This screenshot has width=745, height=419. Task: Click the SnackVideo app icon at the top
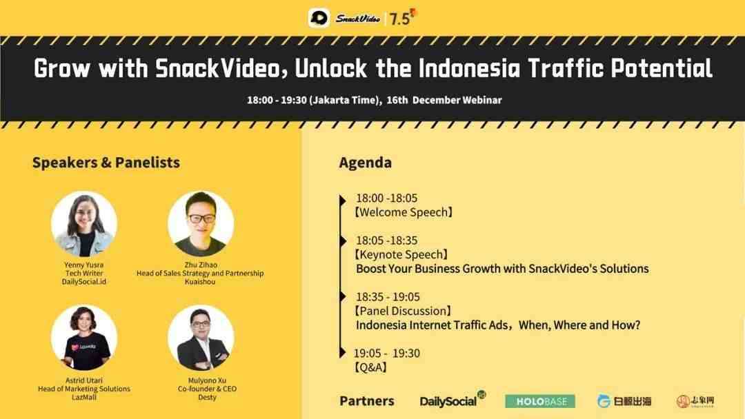319,18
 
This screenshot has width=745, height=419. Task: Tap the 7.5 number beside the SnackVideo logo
399,19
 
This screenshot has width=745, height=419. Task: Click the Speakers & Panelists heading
106,162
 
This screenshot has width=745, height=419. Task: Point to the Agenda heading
366,162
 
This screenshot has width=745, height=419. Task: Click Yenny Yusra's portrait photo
84,224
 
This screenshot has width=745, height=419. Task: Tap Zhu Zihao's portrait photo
201,224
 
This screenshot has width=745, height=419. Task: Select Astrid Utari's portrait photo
84,338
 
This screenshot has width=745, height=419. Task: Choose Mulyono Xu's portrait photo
201,338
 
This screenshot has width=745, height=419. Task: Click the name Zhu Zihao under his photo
201,265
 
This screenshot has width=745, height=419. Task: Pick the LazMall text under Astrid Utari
84,397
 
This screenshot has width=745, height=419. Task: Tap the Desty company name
207,397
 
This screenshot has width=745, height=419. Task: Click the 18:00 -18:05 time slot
387,198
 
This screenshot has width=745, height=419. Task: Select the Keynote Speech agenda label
401,254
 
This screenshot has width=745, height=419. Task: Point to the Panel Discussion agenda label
403,311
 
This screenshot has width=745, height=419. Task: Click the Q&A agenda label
370,367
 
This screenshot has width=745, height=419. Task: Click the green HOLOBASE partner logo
539,402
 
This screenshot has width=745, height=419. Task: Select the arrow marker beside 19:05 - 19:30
343,353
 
